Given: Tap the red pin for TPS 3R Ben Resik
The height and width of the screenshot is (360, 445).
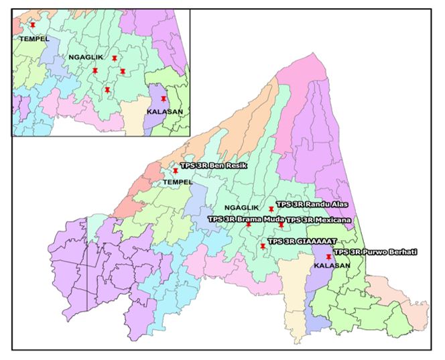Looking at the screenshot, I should [176, 171].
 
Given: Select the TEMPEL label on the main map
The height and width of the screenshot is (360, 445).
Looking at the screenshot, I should [178, 182].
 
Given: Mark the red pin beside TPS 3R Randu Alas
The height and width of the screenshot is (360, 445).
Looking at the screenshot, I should [271, 210].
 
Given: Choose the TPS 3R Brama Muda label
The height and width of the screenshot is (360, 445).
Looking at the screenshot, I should [246, 219].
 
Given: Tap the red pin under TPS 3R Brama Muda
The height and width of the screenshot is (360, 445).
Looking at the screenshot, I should [249, 225].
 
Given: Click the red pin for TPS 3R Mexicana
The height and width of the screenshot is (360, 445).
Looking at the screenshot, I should [281, 225].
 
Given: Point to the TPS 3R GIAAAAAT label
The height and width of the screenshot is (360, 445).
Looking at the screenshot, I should [302, 241].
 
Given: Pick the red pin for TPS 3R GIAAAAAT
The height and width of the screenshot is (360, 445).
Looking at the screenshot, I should [263, 247].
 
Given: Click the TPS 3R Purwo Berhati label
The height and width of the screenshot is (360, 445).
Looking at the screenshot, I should [375, 251].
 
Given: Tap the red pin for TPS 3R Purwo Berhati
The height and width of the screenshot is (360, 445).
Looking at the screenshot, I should [328, 257].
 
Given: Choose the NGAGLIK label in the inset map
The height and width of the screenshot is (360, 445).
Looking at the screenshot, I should [84, 58].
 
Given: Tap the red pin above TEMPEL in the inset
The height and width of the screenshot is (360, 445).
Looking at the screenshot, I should [33, 25].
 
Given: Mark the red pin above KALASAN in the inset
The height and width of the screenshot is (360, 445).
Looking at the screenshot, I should [164, 99].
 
